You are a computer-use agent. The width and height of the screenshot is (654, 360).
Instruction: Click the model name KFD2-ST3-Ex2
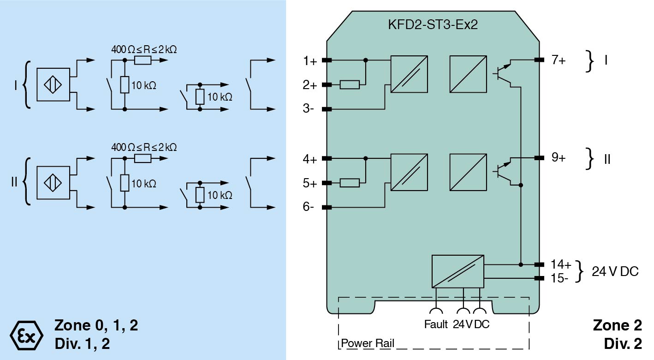coord(433,25)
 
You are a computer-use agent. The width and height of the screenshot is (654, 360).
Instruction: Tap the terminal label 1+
coord(310,60)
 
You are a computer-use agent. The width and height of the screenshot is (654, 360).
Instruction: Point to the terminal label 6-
coord(309,207)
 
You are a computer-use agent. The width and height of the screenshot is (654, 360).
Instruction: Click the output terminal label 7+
coord(559,60)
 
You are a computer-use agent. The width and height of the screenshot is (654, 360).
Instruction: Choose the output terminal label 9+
coord(559,158)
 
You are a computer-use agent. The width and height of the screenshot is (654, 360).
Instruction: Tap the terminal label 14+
coord(561,265)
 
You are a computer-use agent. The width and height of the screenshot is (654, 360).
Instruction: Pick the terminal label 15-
coord(560,278)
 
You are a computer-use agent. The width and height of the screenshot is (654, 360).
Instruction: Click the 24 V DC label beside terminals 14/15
coord(615,271)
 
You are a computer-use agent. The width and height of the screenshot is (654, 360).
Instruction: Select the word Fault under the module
coord(436,324)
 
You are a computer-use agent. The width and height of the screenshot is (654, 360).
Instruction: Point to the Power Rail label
coord(367,344)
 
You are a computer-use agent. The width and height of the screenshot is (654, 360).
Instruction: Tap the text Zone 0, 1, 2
coord(96,325)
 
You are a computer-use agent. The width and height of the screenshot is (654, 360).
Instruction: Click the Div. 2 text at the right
coord(623,344)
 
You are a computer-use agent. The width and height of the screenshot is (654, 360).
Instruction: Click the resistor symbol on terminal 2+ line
coord(350,84)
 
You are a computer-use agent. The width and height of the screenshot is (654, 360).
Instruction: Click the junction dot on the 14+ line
coord(521,265)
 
